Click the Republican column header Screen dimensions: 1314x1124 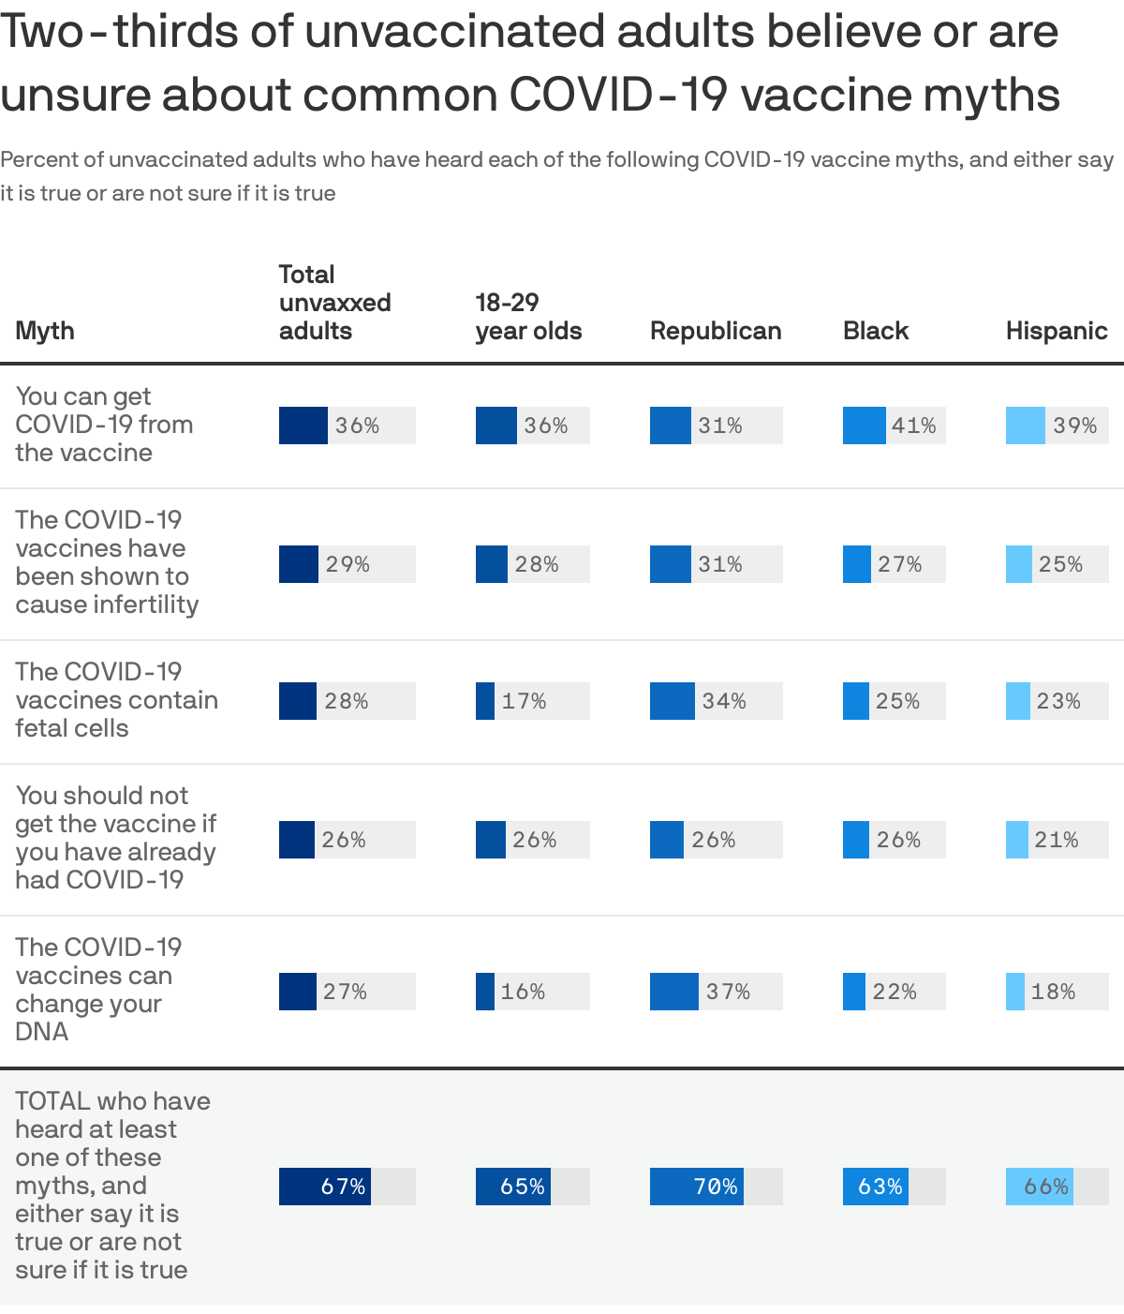(x=716, y=331)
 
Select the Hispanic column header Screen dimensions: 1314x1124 (x=1056, y=331)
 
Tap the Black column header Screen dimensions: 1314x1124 (x=876, y=331)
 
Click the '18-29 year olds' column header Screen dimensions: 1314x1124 (x=528, y=317)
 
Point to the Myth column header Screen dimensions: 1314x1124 (x=45, y=331)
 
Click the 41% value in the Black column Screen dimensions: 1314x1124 (x=913, y=426)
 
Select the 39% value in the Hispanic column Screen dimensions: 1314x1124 (x=1074, y=426)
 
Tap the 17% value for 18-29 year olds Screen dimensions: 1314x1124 (x=524, y=701)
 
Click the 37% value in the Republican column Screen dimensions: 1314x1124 (x=728, y=992)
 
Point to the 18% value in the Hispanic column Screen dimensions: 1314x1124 (x=1053, y=992)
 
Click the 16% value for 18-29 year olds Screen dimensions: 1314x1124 (x=523, y=992)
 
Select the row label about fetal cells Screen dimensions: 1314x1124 (x=116, y=700)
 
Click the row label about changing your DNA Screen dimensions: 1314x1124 (x=94, y=990)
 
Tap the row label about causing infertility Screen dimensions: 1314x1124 (x=107, y=562)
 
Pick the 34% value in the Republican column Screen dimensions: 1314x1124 (x=724, y=701)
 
